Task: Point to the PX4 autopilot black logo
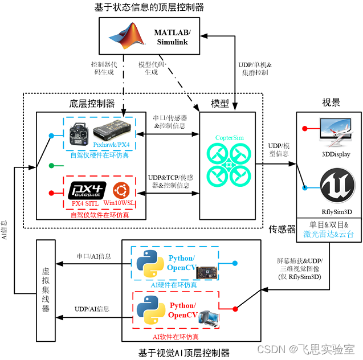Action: [x=88, y=189]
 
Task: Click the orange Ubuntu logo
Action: [x=123, y=189]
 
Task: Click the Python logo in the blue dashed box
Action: [x=149, y=264]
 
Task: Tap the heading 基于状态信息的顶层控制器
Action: [x=149, y=7]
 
